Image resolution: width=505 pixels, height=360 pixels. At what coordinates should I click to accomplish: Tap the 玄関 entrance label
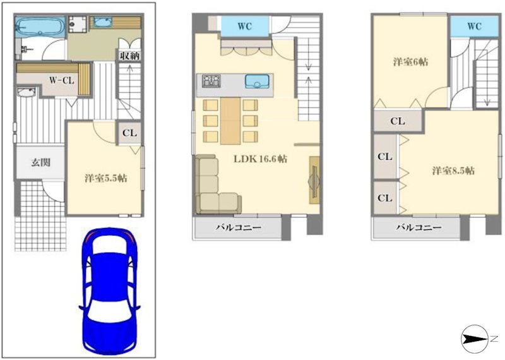(x=40, y=162)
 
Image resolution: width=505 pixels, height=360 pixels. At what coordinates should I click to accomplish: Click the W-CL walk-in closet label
(x=61, y=80)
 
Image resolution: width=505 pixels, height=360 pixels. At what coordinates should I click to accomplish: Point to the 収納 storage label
(x=129, y=56)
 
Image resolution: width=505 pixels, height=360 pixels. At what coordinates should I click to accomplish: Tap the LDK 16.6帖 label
(x=260, y=159)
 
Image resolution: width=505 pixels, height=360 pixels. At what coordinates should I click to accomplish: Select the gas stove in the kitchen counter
(x=211, y=81)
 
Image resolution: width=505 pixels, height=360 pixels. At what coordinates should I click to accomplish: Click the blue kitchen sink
(x=257, y=81)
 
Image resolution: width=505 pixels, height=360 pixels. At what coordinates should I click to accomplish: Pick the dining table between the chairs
(x=230, y=121)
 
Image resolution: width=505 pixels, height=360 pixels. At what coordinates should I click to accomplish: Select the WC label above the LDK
(x=245, y=27)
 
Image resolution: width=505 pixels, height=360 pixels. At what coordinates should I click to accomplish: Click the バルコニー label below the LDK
(x=238, y=227)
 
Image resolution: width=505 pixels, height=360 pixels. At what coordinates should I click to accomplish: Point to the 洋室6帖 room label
(x=410, y=62)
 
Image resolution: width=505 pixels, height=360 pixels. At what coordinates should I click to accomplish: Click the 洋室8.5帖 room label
(x=453, y=171)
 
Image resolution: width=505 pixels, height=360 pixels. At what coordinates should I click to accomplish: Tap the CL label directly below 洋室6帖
(x=397, y=121)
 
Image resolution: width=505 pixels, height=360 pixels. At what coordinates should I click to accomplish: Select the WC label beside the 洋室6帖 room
(x=474, y=27)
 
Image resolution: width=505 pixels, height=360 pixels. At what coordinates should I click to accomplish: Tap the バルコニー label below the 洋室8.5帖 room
(x=419, y=227)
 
